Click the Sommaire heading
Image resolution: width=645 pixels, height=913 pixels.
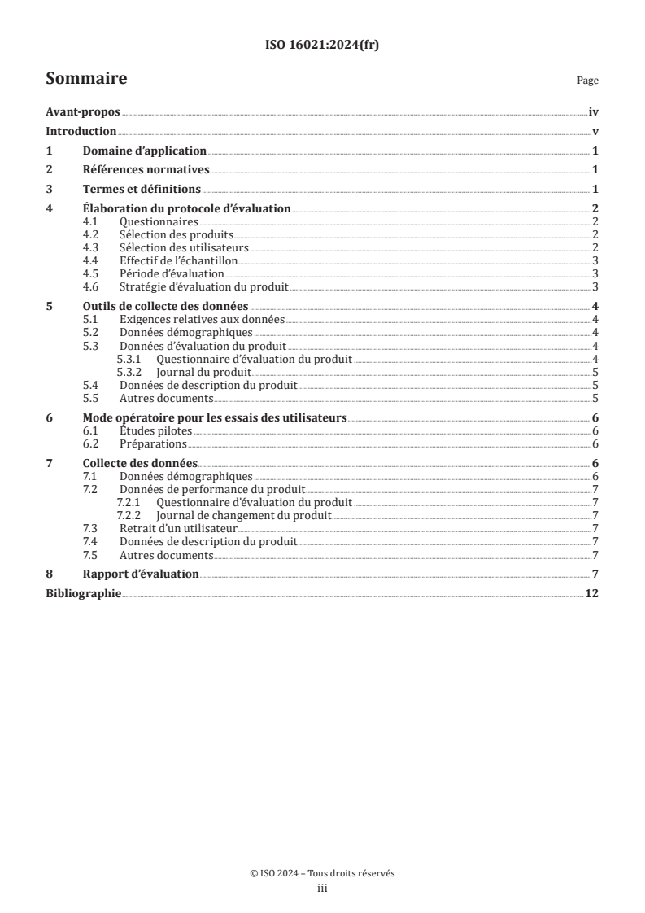86,79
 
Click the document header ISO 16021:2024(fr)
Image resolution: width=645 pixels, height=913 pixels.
322,46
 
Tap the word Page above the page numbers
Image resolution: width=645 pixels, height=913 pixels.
587,81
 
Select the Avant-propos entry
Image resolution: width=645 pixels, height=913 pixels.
82,113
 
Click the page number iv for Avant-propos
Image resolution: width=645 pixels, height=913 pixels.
594,113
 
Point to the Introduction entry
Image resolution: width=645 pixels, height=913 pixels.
81,132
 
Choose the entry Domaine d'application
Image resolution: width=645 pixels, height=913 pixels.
145,151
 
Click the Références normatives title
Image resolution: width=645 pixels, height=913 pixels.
146,170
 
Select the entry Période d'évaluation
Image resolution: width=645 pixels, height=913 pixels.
172,273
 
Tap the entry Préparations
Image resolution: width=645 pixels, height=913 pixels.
153,443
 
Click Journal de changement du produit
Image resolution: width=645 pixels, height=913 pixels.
244,515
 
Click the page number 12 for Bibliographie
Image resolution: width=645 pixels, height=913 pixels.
592,594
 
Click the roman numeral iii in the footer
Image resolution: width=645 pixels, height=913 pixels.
322,889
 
